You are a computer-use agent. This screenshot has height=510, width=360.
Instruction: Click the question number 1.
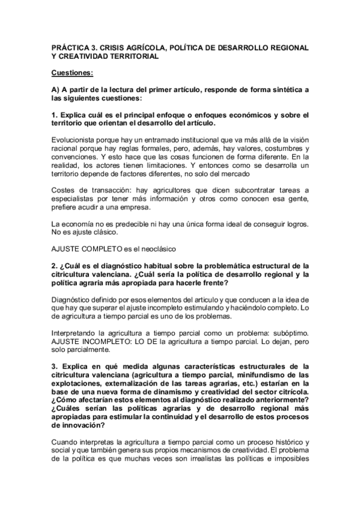pyautogui.click(x=53, y=115)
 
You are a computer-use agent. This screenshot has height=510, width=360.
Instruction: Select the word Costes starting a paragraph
pyautogui.click(x=63, y=191)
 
